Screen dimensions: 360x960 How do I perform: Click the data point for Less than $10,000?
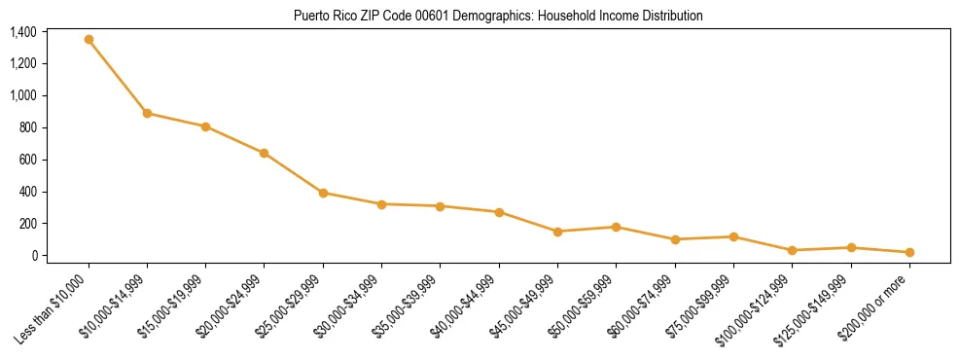[x=89, y=40]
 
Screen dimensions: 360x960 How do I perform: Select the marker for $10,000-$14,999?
[x=147, y=113]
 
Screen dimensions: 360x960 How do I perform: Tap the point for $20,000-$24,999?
[x=265, y=153]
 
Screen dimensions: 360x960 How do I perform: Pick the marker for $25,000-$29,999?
[x=323, y=193]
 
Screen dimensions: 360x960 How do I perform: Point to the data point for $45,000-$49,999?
[x=557, y=232]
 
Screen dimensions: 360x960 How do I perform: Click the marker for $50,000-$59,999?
[x=616, y=227]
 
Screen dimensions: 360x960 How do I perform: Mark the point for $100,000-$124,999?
[x=792, y=250]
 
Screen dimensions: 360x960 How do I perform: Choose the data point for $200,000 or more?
[x=909, y=252]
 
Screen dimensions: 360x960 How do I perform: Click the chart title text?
[x=497, y=16]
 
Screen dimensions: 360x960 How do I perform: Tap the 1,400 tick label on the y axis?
[x=23, y=32]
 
